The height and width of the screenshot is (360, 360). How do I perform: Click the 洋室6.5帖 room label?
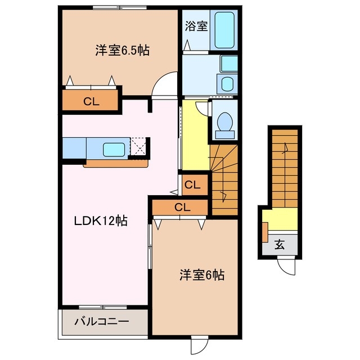point(121,51)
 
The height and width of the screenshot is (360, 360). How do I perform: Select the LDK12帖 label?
point(101,221)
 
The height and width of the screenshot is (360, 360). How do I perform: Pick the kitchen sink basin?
point(115,149)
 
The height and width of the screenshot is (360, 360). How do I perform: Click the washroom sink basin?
point(227,84)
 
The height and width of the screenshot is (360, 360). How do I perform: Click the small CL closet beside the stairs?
point(191,184)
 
